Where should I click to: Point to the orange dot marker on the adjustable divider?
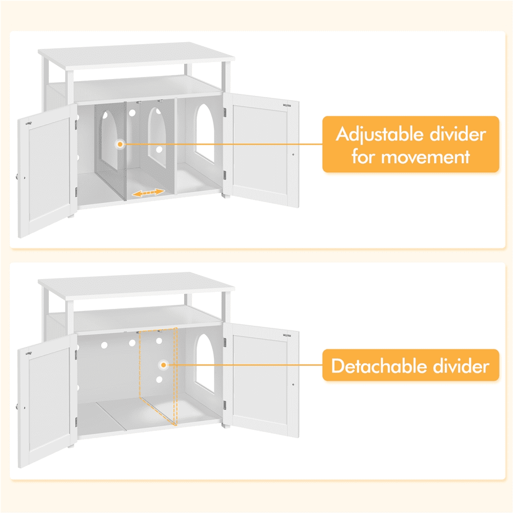[x=120, y=145]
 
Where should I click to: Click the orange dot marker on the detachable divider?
[x=163, y=365]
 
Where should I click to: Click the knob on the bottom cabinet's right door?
[x=293, y=385]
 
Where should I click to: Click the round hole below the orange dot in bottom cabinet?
[x=159, y=380]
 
